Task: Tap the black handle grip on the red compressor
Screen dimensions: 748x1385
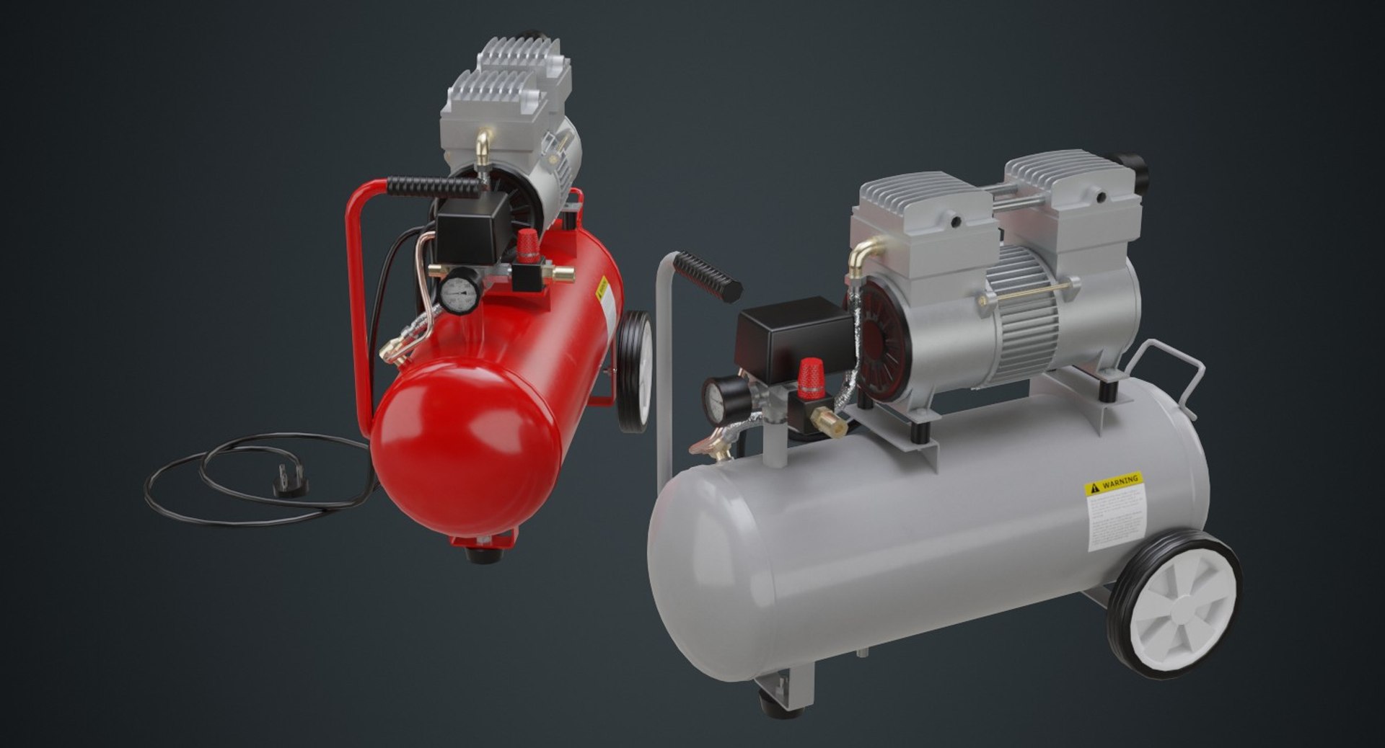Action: pos(433,187)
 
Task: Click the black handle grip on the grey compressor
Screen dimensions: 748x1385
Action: pos(708,276)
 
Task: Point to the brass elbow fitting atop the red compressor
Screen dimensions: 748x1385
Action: pos(483,148)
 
